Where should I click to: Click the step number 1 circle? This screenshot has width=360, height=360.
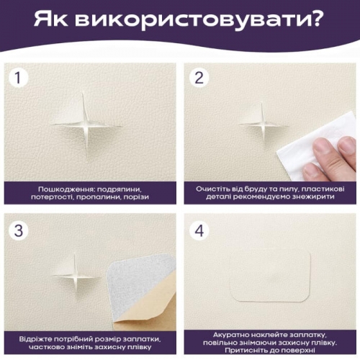click(x=19, y=77)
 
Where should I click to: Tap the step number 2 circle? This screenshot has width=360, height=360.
click(x=199, y=77)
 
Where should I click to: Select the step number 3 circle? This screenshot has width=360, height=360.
click(x=19, y=230)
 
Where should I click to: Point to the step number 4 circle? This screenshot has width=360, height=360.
click(x=199, y=230)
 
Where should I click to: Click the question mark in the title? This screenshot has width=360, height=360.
click(x=317, y=19)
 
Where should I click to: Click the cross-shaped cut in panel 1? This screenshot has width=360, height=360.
click(x=86, y=125)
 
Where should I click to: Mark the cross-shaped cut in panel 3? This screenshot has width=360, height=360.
click(x=76, y=276)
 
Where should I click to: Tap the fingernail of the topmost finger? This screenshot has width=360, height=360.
click(x=346, y=145)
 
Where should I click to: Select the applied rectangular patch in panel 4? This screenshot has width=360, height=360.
click(x=271, y=276)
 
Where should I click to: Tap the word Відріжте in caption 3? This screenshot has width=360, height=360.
click(x=35, y=339)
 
